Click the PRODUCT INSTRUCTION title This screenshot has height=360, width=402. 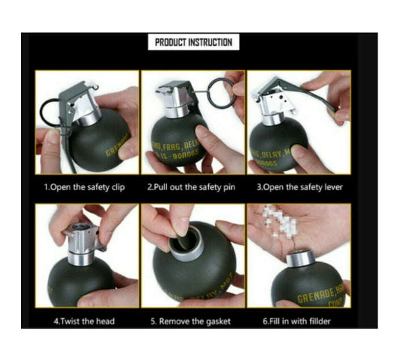point(193,42)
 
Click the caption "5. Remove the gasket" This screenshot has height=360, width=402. point(190,321)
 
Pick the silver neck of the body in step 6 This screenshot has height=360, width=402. point(301,259)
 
